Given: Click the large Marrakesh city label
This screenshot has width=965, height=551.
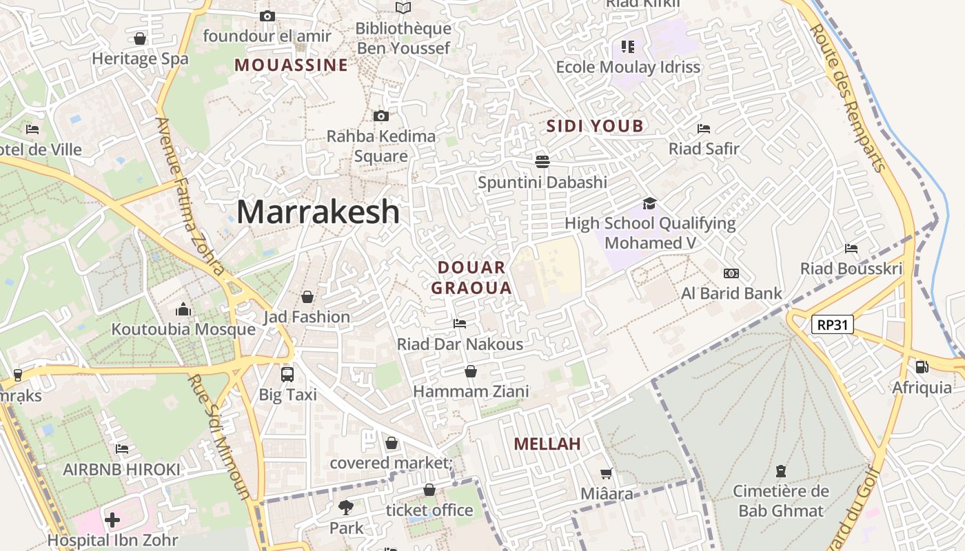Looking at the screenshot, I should click(x=318, y=211).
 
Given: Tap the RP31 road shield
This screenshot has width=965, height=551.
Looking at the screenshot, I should click(x=832, y=324).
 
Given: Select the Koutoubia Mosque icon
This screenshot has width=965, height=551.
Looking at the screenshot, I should click(x=183, y=309).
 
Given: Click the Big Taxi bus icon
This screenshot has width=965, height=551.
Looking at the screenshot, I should click(x=287, y=375).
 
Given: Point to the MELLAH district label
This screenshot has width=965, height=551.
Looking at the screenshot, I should click(x=547, y=444).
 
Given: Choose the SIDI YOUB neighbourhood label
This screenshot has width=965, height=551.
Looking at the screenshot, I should click(x=595, y=126).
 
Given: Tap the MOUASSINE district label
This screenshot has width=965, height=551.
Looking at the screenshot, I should click(x=291, y=65).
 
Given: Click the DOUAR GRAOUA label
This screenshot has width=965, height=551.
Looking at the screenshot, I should click(x=472, y=278).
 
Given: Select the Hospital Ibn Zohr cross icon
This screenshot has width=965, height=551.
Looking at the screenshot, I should click(x=112, y=519).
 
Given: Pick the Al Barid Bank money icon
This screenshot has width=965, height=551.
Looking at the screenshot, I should click(x=731, y=273).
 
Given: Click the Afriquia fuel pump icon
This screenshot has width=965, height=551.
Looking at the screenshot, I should click(x=922, y=367).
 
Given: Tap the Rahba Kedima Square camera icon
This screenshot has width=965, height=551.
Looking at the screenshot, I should click(x=380, y=116).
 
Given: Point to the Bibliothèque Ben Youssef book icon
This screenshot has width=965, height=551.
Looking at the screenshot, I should click(x=403, y=8).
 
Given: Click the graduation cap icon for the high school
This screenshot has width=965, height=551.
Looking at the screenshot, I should click(x=649, y=203).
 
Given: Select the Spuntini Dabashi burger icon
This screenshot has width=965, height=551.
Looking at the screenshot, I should click(x=542, y=161).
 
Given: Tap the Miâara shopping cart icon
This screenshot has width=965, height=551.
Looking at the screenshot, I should click(x=607, y=473).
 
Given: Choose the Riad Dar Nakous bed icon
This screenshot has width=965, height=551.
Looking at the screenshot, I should click(x=460, y=323).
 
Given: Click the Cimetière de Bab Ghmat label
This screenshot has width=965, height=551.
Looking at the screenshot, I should click(x=781, y=501).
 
